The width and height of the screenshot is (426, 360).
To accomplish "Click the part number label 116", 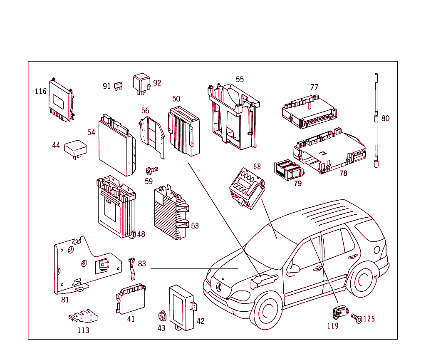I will coord(40,91).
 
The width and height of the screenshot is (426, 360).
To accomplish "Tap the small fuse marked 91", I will coord(118,86).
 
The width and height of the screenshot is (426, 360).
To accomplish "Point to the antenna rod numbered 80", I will coord(376,121).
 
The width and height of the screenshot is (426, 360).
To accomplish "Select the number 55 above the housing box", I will coord(240,79).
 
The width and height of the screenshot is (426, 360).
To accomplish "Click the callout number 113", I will coord(83,330).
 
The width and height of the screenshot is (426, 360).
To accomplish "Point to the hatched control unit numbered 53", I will coord(171,214).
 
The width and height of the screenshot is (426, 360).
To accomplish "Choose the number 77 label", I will coord(314,87).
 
